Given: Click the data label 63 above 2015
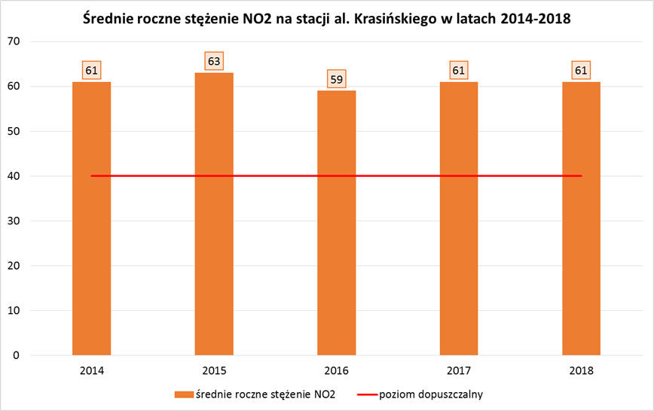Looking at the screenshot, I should [x=214, y=61].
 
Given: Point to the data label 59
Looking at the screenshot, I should [x=336, y=79].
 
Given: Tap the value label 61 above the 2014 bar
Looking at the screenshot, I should [x=91, y=70].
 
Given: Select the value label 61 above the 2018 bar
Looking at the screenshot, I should [x=581, y=70].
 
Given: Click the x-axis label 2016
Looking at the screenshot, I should [x=336, y=370].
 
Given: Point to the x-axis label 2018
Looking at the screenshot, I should [x=581, y=370].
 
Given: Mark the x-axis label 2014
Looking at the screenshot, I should [x=91, y=370].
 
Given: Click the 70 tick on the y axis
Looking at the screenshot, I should [x=13, y=41].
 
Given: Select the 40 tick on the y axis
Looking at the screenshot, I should [x=13, y=176].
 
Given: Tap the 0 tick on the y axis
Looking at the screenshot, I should [x=16, y=355].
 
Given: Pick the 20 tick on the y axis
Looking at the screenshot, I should [x=13, y=266].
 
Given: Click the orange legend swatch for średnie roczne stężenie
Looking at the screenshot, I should [x=182, y=394].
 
